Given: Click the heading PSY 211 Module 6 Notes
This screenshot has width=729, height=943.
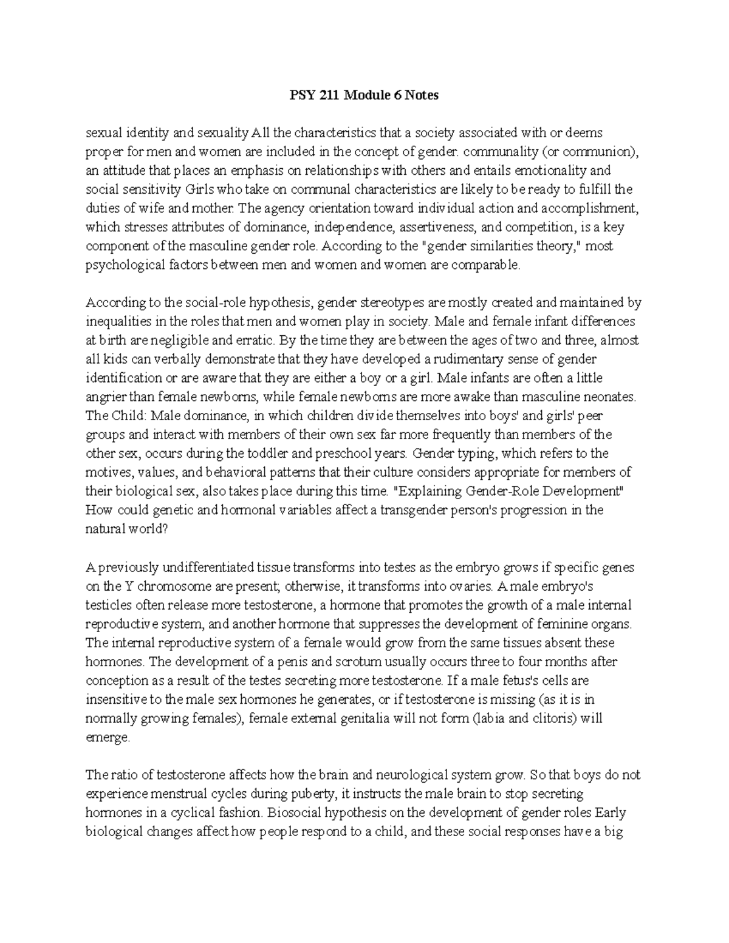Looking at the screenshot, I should (x=363, y=95).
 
